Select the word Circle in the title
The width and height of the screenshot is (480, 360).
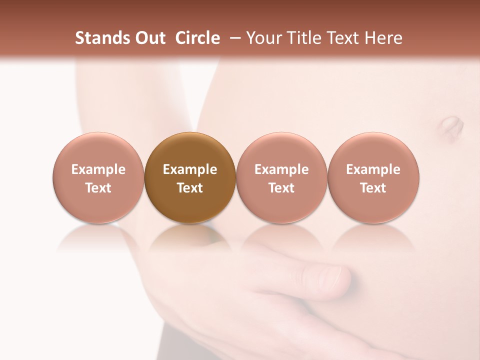click(197, 38)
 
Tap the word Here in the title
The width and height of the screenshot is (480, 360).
click(383, 38)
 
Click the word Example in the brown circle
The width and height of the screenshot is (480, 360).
click(190, 169)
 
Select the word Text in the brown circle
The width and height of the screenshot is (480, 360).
click(190, 188)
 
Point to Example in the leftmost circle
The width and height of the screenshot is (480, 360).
click(98, 169)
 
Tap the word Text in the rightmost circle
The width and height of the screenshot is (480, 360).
click(373, 188)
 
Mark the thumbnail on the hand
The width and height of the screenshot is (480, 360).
click(330, 276)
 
